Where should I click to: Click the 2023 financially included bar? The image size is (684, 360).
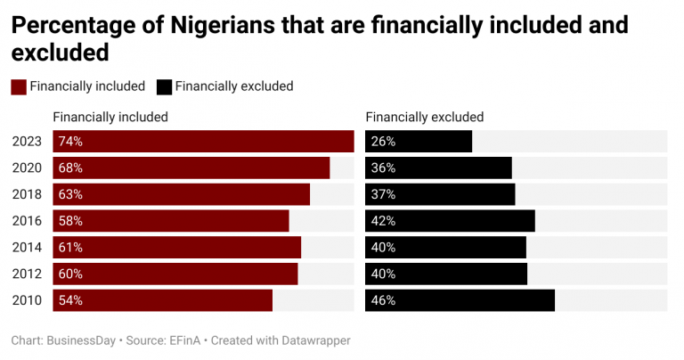coord(203,141)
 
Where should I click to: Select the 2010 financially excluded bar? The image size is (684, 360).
coord(460,300)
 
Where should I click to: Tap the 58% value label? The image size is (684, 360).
coord(70,221)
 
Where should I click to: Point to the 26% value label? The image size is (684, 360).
coord(384,141)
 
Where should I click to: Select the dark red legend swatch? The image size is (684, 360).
coord(18,86)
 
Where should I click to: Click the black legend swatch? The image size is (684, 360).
coord(164,86)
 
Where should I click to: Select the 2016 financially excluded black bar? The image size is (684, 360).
coord(450,221)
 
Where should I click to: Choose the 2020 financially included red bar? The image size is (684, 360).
coord(191,168)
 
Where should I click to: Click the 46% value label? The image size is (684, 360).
coord(384,300)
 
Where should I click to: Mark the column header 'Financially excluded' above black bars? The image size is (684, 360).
coord(425,117)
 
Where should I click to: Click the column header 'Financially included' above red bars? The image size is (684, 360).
coord(110,117)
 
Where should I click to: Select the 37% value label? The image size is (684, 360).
coord(384,194)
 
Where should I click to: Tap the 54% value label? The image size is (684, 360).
coord(70,300)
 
